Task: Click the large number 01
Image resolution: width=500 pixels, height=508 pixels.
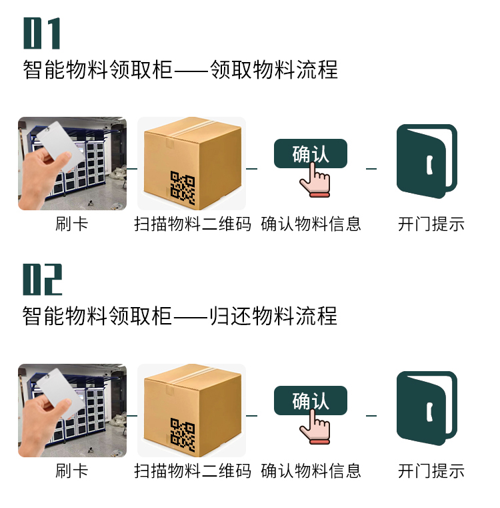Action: [42, 33]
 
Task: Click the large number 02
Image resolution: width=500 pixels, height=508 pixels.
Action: [43, 279]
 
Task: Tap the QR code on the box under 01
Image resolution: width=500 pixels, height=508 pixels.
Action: [183, 188]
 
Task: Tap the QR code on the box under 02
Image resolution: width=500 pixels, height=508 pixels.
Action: [183, 435]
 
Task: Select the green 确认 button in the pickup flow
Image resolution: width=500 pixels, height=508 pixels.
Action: [311, 154]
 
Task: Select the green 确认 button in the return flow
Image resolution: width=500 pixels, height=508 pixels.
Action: [311, 400]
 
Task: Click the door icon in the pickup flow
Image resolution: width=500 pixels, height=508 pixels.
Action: [427, 161]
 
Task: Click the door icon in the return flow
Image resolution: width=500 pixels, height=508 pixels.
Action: [427, 408]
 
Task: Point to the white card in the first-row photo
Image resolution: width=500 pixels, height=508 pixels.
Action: [60, 146]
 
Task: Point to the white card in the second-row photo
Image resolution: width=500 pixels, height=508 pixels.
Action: [60, 393]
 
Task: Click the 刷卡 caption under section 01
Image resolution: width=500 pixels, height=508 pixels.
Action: [71, 224]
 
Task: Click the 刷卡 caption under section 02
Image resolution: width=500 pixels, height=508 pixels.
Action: [71, 471]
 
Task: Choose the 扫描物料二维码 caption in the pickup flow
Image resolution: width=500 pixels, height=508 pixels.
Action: [193, 224]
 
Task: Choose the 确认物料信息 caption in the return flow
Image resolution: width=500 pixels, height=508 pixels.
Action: [311, 471]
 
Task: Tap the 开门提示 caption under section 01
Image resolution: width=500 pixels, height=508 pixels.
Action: [431, 224]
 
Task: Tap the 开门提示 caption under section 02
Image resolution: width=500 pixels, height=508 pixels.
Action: [431, 471]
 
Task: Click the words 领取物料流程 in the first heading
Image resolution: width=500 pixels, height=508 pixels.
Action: [274, 69]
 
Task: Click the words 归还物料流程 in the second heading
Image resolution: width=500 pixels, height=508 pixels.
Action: [273, 316]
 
